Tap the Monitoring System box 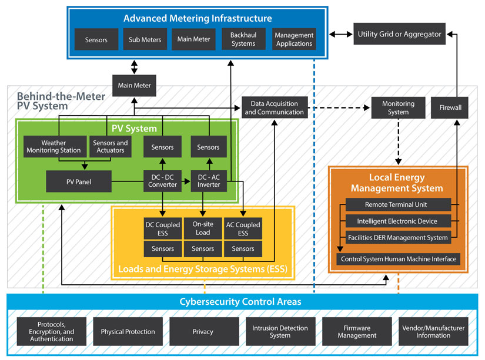click(398, 108)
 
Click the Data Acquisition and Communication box click(275, 108)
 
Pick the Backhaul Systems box click(243, 40)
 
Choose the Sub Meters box click(145, 40)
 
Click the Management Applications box click(294, 40)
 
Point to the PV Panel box click(79, 181)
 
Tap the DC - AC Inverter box click(208, 181)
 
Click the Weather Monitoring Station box click(53, 147)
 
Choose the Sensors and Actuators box click(111, 147)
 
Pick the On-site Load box click(203, 228)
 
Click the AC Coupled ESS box click(243, 228)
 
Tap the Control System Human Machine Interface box click(398, 258)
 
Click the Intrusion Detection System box click(280, 332)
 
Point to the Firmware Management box click(357, 332)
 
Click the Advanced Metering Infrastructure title click(198, 18)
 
